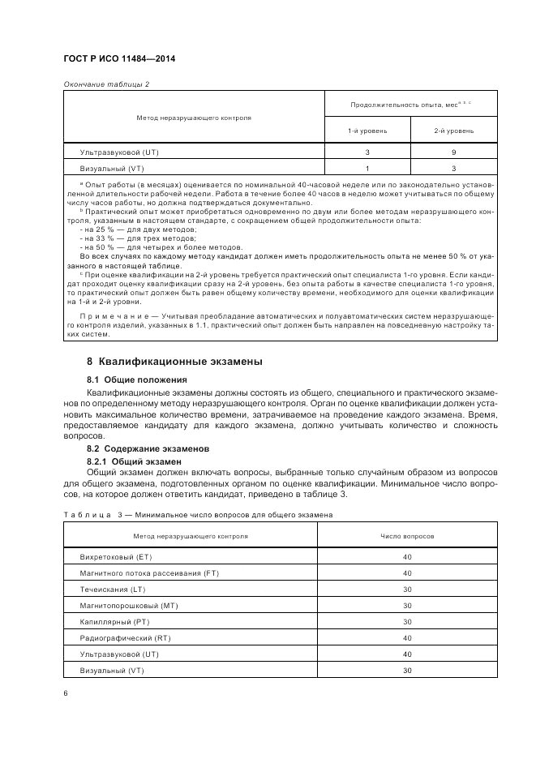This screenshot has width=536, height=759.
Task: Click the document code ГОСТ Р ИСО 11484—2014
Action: coord(119,59)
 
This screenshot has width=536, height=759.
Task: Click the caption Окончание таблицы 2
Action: coord(106,84)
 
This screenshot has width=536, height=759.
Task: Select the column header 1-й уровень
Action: coord(367,131)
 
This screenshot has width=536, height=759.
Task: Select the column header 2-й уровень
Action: coord(453,131)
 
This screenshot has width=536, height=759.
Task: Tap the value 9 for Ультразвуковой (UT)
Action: coord(453,152)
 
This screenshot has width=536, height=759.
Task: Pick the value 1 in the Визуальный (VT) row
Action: coord(367,169)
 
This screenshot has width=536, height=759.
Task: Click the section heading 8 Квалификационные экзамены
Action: coord(174,361)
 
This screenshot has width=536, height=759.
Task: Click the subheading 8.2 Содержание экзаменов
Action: coord(148,448)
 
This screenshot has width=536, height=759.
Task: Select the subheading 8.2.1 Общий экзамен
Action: coord(134,460)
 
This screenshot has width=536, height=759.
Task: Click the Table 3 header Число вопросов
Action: coord(407,537)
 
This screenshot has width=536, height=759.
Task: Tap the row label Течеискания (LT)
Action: coord(113,590)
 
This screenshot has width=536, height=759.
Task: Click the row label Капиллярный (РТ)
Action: coord(115,622)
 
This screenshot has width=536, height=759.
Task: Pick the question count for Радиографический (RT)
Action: coord(407,638)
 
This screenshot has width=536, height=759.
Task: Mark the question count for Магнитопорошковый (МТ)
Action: coord(407,606)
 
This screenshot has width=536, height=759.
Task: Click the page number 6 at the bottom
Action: coord(66,693)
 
